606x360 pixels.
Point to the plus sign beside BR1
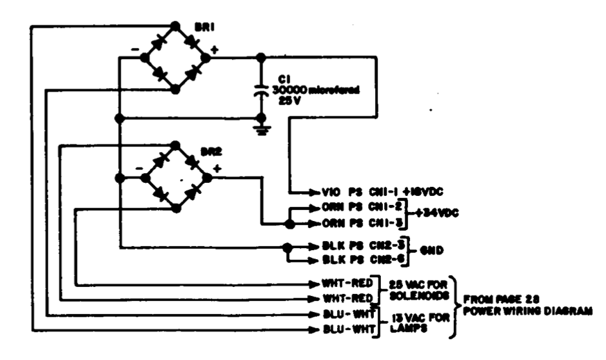[213, 49]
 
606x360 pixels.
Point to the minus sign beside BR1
[134, 49]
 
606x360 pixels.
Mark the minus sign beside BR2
[137, 167]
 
